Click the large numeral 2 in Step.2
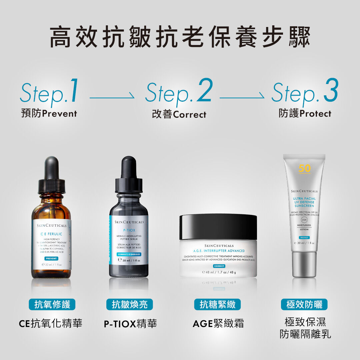204,90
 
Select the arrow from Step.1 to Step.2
112,98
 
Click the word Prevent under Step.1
60,114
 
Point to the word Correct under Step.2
190,115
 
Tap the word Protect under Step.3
315,114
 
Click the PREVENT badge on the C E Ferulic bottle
51,258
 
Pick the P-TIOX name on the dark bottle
129,230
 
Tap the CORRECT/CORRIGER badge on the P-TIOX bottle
129,254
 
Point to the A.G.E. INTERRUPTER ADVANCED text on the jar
219,251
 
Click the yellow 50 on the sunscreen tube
304,168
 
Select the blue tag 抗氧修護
52,304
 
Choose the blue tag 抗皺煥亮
129,304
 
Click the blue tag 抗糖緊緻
218,304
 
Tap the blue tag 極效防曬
304,304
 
